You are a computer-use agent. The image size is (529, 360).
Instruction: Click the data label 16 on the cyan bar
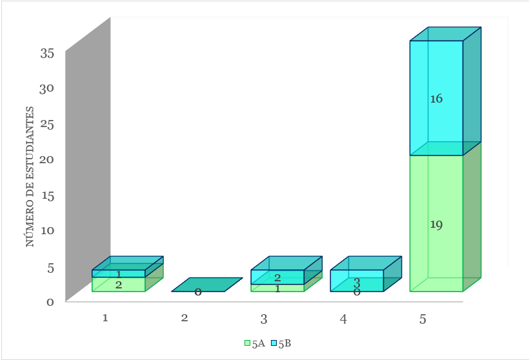click(x=436, y=99)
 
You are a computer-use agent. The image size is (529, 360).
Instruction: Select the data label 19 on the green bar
click(x=436, y=225)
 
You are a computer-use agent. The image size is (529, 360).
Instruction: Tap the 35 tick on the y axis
click(x=47, y=53)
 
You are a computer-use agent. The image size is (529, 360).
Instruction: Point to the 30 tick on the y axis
click(x=47, y=88)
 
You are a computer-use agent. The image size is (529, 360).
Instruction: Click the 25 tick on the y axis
click(x=47, y=124)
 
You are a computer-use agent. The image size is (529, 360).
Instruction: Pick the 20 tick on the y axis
click(x=47, y=159)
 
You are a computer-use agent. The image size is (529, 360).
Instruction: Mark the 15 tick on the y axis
click(x=48, y=195)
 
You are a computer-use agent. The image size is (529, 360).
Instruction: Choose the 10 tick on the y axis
click(x=48, y=230)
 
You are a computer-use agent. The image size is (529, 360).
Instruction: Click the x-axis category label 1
click(x=105, y=318)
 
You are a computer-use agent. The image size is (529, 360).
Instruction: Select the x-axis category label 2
click(x=185, y=318)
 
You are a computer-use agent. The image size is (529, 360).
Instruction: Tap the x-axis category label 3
click(x=264, y=319)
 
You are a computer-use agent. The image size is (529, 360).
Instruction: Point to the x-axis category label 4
click(x=343, y=319)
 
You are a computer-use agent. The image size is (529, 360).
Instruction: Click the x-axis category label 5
click(x=423, y=319)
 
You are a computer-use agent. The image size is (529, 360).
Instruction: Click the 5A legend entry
click(x=255, y=343)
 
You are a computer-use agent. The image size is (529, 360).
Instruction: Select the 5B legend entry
click(x=281, y=343)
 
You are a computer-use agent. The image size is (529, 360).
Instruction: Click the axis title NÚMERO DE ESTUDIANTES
click(x=30, y=177)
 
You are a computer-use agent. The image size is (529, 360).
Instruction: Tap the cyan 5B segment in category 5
click(x=436, y=98)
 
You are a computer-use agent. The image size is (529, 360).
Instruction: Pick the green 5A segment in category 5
click(x=436, y=223)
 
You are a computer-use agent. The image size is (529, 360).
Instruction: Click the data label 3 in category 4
click(x=357, y=283)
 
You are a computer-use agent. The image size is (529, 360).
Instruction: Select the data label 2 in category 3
click(x=277, y=277)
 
